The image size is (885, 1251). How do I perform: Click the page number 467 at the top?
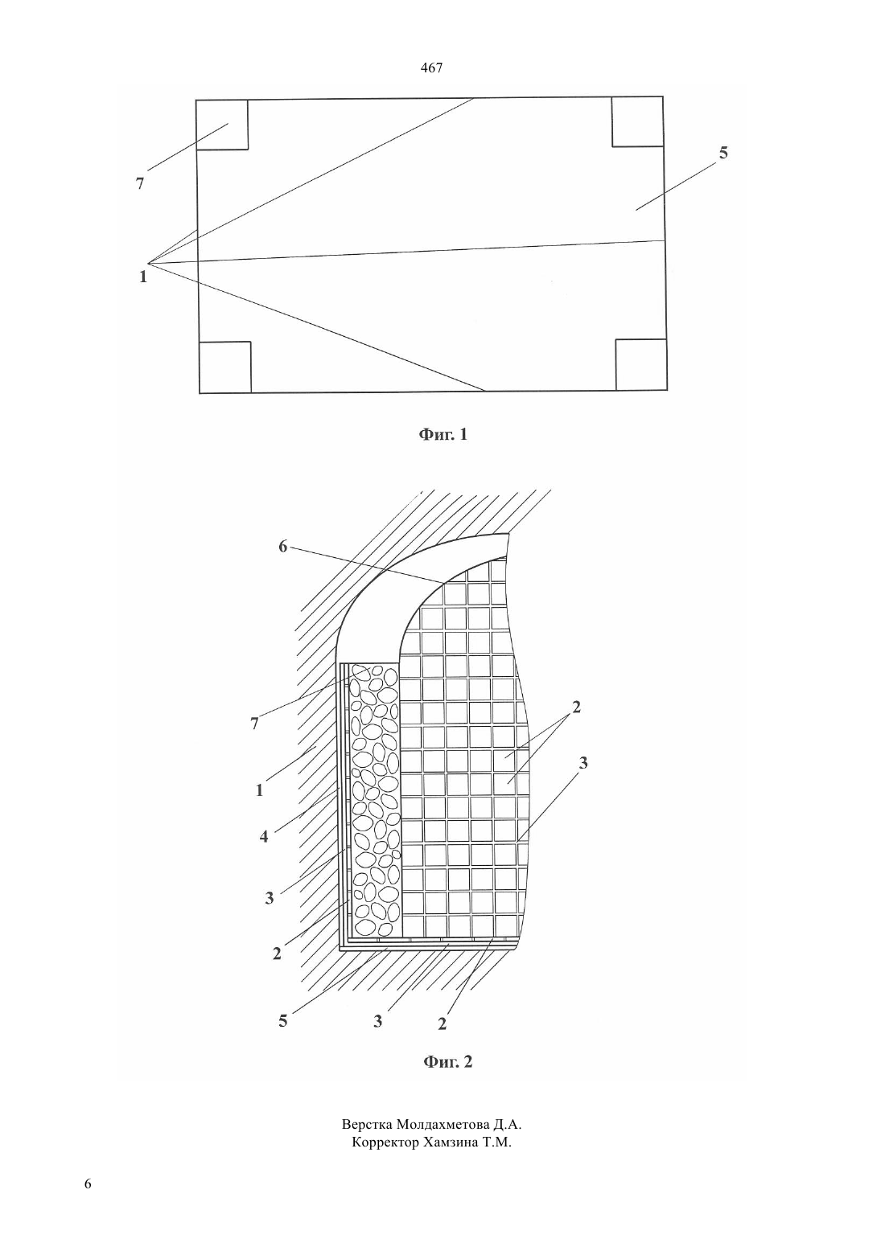(x=431, y=68)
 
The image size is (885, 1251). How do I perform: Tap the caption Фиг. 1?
(x=443, y=434)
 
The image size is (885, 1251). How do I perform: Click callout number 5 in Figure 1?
(x=723, y=153)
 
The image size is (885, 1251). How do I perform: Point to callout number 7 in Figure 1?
(x=140, y=183)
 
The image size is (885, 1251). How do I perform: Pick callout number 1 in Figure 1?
(x=143, y=277)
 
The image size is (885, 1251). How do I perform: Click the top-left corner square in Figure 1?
(x=222, y=125)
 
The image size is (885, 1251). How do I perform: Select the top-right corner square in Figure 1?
(x=637, y=121)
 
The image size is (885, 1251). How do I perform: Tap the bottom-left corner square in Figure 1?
(x=225, y=367)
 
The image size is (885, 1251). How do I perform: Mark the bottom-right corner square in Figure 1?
(x=641, y=365)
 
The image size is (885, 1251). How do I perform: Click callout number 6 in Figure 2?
(x=282, y=547)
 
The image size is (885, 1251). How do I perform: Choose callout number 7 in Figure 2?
(x=255, y=724)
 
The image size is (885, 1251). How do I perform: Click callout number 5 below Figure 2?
(x=282, y=1021)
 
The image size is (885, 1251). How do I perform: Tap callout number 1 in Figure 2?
(x=259, y=790)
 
